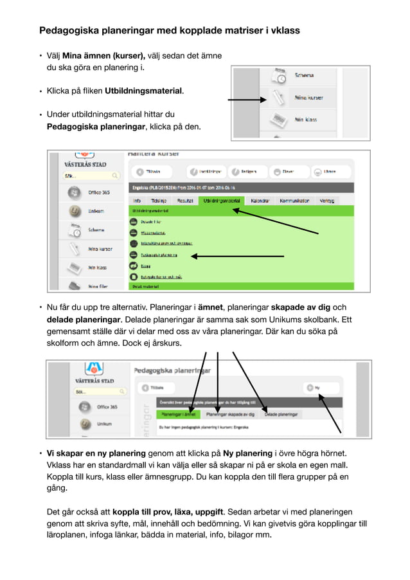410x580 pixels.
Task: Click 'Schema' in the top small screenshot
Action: pyautogui.click(x=303, y=75)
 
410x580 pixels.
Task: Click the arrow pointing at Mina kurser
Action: pyautogui.click(x=247, y=100)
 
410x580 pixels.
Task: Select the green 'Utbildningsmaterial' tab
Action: pyautogui.click(x=221, y=201)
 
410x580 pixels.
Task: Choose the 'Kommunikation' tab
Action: pyautogui.click(x=294, y=201)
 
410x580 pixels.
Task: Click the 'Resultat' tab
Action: pyautogui.click(x=185, y=201)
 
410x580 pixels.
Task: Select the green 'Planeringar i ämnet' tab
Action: pyautogui.click(x=179, y=415)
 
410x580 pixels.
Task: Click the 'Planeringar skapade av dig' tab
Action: pyautogui.click(x=230, y=415)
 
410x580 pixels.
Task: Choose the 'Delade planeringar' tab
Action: pyautogui.click(x=281, y=415)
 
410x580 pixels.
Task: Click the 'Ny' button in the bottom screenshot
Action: pyautogui.click(x=314, y=388)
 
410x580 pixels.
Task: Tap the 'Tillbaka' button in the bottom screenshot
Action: pyautogui.click(x=153, y=388)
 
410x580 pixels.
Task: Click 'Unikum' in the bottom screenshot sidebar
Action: pyautogui.click(x=103, y=424)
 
